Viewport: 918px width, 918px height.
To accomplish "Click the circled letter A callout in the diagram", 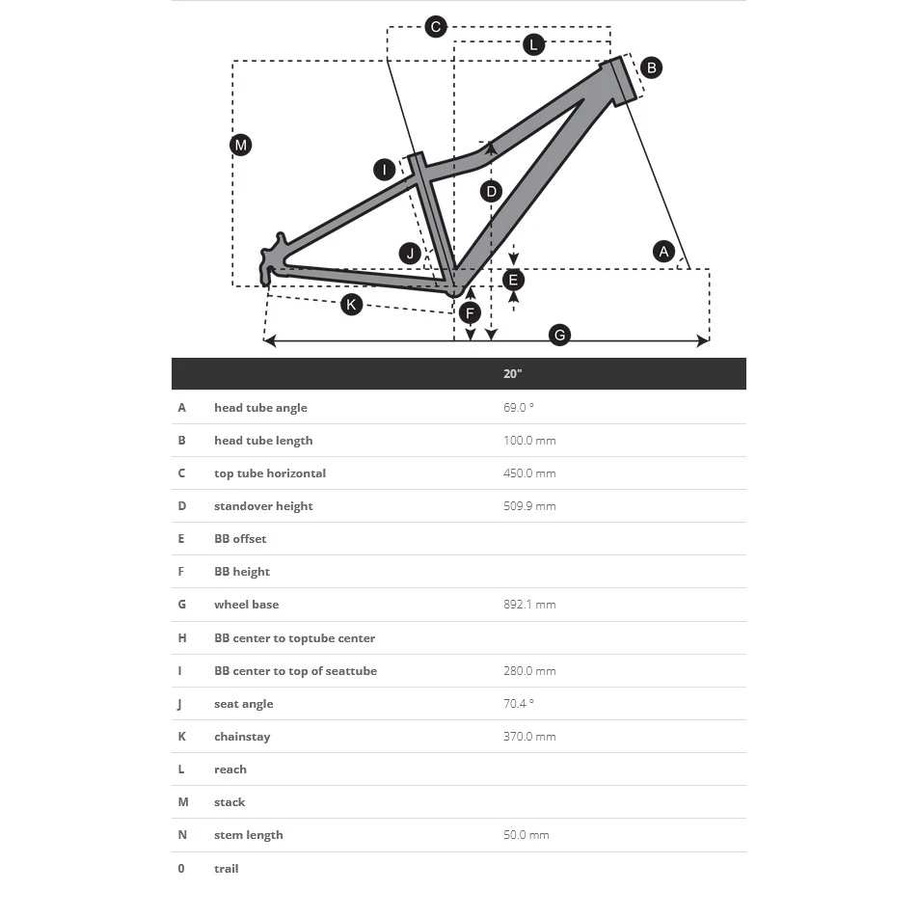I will pyautogui.click(x=663, y=252).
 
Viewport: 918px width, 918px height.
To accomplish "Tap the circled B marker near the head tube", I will pyautogui.click(x=651, y=67).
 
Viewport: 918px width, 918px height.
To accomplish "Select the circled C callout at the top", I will pyautogui.click(x=436, y=27).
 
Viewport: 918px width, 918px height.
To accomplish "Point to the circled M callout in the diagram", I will pyautogui.click(x=241, y=146).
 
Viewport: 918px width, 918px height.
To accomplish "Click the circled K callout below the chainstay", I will pyautogui.click(x=352, y=305).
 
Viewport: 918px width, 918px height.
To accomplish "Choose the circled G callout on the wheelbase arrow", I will pyautogui.click(x=559, y=336).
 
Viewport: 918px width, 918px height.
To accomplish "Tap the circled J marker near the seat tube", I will pyautogui.click(x=411, y=254).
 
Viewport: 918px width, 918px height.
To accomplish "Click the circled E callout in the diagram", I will pyautogui.click(x=513, y=280).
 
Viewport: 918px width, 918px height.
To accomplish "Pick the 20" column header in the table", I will pyautogui.click(x=512, y=373).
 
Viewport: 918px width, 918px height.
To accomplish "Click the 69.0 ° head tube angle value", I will pyautogui.click(x=518, y=408).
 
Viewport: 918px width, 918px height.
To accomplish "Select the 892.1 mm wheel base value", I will pyautogui.click(x=529, y=605).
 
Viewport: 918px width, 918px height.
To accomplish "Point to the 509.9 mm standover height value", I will pyautogui.click(x=529, y=506).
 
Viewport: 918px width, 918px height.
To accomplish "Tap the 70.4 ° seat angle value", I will pyautogui.click(x=518, y=704).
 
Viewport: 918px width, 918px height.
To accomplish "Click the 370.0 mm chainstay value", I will pyautogui.click(x=529, y=737).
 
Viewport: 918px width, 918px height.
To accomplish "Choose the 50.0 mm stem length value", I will pyautogui.click(x=526, y=835).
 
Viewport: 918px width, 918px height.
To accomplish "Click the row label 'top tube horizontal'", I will pyautogui.click(x=270, y=473).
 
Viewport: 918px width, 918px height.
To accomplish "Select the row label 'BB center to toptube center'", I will pyautogui.click(x=294, y=638).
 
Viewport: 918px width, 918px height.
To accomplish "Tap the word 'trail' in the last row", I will pyautogui.click(x=226, y=869).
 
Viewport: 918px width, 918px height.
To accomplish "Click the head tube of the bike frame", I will pyautogui.click(x=625, y=81).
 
